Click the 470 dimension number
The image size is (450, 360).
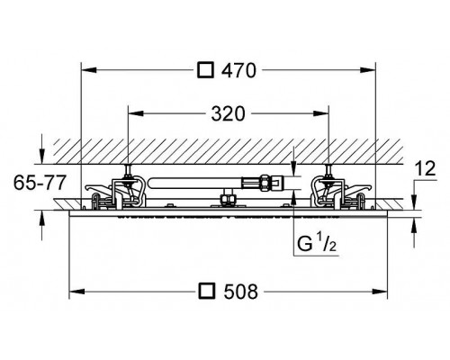tap(238, 70)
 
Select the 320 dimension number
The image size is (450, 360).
tap(228, 114)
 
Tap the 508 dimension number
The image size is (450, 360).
tap(241, 292)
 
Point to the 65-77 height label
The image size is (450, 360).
tap(40, 183)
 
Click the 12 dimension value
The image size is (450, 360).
tap(426, 168)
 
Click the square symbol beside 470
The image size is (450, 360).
tap(205, 70)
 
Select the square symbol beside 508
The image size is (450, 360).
tap(207, 292)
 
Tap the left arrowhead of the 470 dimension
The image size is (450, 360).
tap(89, 70)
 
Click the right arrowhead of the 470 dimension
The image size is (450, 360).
tap(368, 70)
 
